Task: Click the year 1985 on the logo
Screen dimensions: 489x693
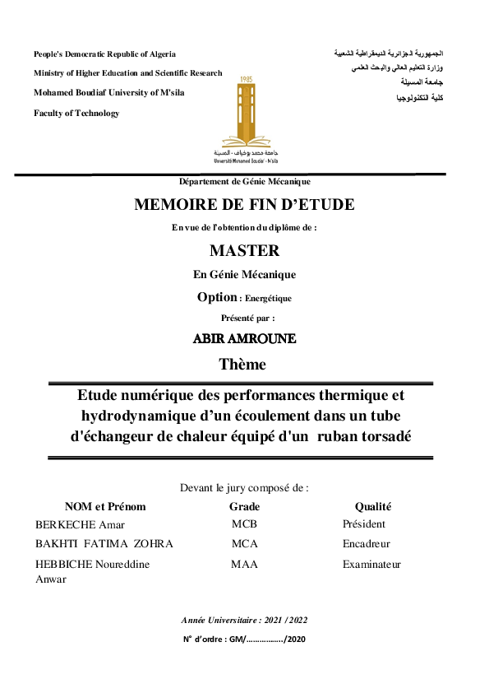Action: coord(245,80)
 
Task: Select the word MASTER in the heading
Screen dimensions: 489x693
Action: coord(244,251)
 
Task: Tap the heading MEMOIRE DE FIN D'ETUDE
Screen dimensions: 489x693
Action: coord(244,205)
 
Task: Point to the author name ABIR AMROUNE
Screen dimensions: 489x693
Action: coord(244,339)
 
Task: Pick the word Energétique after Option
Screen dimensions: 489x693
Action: coord(268,299)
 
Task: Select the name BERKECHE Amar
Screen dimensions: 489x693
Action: coord(80,524)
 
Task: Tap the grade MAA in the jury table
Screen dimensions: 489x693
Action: coord(244,564)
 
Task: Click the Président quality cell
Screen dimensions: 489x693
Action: coord(364,524)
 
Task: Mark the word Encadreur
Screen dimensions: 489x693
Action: coord(367,544)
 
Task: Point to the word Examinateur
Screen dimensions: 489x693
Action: coord(371,564)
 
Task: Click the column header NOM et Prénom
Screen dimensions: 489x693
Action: coord(105,507)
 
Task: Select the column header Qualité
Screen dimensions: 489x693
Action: coord(373,507)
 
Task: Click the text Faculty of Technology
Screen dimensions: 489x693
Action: coord(76,114)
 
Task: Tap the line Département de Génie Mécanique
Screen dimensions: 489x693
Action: coord(244,182)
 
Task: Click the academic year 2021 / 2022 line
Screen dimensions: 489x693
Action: coord(244,620)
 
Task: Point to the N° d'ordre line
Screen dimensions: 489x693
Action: coord(244,640)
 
